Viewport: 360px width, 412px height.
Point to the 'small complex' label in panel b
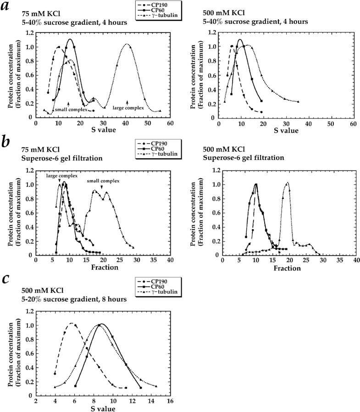[x=104, y=181]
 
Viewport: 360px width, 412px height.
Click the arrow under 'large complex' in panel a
[x=127, y=102]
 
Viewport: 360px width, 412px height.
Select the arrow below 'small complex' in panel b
[x=102, y=187]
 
